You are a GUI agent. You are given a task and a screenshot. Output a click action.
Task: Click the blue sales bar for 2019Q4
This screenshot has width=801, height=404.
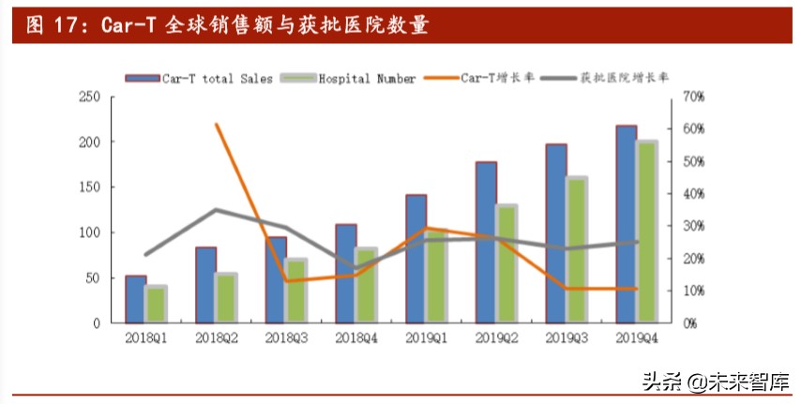click(x=625, y=225)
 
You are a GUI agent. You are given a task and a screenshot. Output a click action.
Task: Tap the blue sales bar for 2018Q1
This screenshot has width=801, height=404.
click(x=135, y=300)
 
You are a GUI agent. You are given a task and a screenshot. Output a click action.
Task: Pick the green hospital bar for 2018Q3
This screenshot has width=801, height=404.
click(x=295, y=291)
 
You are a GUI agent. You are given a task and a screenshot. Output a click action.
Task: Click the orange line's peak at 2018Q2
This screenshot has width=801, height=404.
click(x=217, y=125)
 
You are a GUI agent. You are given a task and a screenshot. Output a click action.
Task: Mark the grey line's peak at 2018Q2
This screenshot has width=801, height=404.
click(x=217, y=210)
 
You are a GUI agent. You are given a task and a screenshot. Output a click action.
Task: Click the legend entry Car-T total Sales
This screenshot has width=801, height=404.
click(x=203, y=79)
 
